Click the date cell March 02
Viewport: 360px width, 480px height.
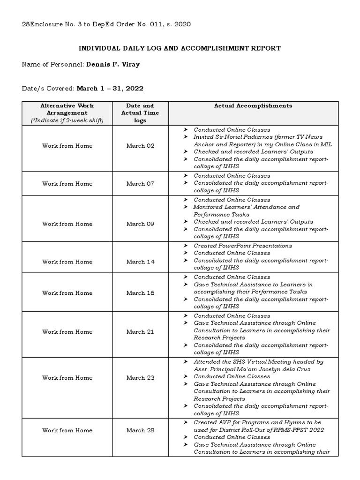click(140, 146)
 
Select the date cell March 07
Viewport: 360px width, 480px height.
click(140, 184)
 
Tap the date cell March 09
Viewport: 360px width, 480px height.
click(140, 224)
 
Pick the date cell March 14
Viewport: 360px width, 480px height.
click(140, 262)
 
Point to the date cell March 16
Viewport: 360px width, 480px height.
click(140, 293)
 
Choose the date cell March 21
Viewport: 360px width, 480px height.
click(140, 332)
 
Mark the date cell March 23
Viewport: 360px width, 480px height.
click(140, 378)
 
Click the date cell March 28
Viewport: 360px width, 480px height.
click(140, 430)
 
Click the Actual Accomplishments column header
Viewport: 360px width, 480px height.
click(253, 106)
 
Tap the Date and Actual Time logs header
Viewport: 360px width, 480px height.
click(140, 113)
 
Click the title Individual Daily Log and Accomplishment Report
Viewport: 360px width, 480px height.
click(180, 48)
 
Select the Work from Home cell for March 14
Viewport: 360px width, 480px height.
click(67, 262)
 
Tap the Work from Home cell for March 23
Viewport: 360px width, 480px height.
click(67, 378)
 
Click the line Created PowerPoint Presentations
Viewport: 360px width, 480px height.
click(242, 246)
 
